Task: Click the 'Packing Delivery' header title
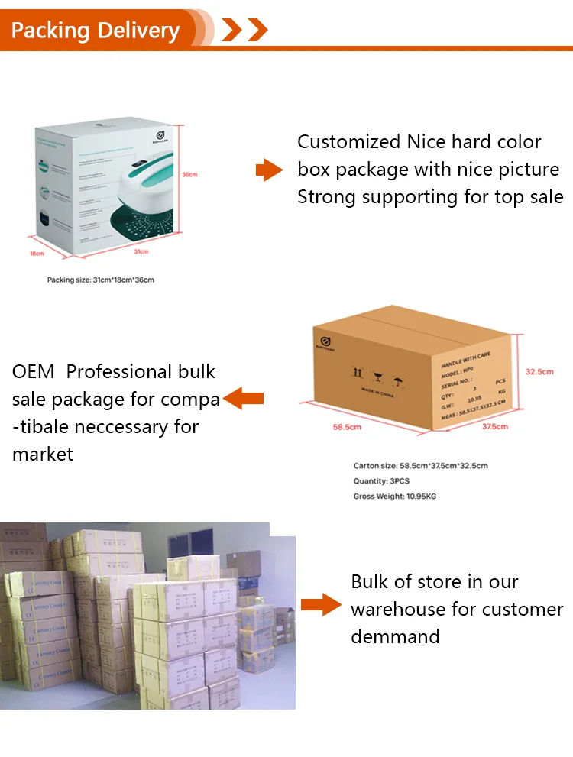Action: [95, 31]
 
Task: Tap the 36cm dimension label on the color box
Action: [190, 174]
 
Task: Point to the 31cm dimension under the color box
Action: [141, 251]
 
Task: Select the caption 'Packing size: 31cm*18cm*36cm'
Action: [101, 280]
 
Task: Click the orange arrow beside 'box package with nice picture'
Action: [269, 170]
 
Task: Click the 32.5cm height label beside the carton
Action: [539, 372]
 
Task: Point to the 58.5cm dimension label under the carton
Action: [346, 427]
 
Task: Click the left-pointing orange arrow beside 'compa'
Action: [244, 398]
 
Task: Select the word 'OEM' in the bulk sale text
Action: [34, 372]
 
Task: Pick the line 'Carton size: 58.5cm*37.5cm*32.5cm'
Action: [420, 466]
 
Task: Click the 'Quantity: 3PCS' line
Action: [382, 481]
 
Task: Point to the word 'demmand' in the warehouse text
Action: [395, 636]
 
